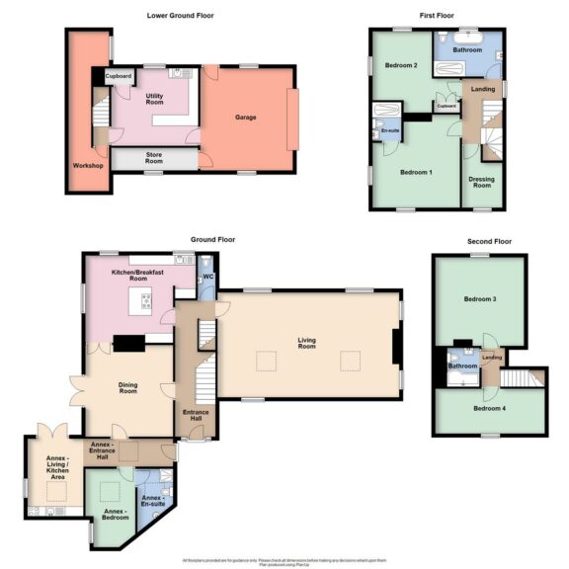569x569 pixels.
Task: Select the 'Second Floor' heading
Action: click(490, 241)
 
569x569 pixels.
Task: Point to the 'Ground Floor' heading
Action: click(211, 239)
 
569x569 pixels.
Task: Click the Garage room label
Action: click(245, 118)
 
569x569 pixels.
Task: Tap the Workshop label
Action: click(88, 165)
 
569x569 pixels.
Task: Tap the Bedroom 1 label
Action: click(416, 172)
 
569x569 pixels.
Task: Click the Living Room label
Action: click(307, 344)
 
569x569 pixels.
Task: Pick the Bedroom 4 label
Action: click(489, 408)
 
